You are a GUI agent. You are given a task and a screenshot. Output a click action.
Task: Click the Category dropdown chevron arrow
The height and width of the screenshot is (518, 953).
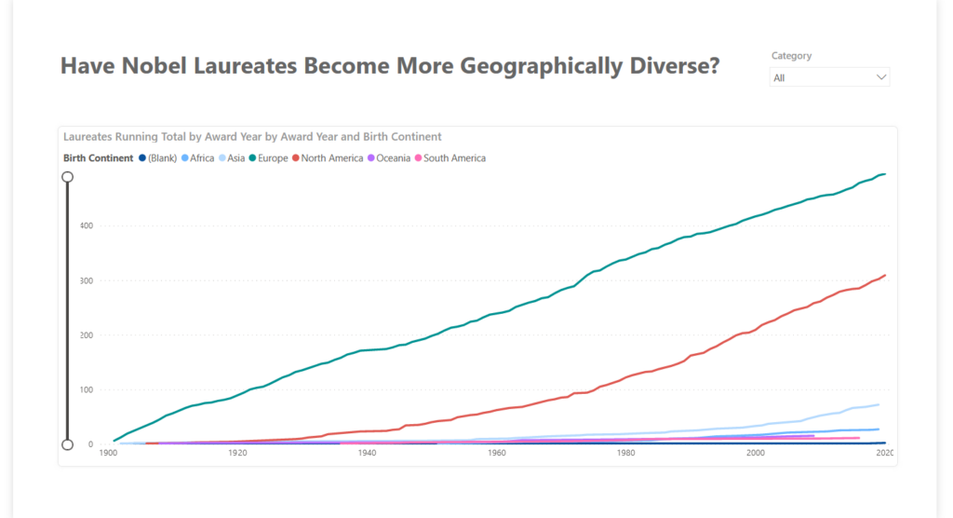tap(881, 78)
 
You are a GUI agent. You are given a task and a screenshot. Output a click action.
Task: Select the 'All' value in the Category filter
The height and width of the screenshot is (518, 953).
tap(780, 78)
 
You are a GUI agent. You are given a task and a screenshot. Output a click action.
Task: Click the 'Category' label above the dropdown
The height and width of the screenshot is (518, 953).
tap(791, 56)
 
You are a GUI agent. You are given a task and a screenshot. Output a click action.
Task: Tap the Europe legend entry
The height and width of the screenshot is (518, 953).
tap(271, 158)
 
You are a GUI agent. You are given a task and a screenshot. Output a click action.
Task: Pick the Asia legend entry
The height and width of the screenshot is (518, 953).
tap(234, 158)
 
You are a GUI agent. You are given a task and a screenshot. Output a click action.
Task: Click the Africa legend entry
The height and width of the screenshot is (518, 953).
tap(198, 158)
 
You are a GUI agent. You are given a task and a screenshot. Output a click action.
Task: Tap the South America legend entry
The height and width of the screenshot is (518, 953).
tap(453, 158)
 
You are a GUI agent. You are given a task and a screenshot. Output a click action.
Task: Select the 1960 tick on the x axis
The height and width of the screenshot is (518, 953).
tap(496, 453)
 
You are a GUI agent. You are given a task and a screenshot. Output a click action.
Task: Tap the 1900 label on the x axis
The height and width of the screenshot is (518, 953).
tap(107, 453)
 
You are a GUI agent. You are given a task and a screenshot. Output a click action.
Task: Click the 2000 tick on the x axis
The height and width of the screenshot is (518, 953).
tap(756, 453)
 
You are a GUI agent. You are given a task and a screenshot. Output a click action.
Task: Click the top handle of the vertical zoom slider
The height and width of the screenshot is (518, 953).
tap(67, 176)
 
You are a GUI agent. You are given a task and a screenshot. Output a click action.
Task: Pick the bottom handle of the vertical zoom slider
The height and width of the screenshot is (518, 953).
tap(67, 444)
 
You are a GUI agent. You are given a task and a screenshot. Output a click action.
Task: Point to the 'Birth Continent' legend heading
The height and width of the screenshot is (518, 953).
tap(98, 158)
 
